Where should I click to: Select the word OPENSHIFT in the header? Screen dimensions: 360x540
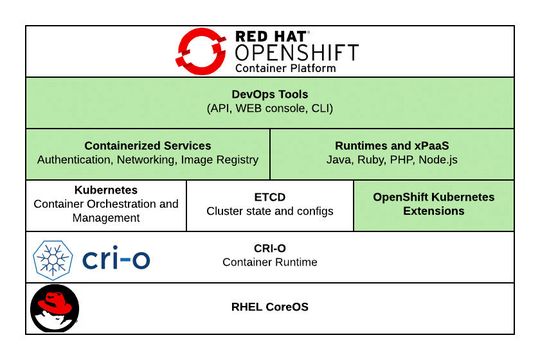[x=295, y=52]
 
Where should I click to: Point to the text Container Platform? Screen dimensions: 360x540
[x=284, y=71]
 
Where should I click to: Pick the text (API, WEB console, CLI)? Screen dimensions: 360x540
[x=270, y=108]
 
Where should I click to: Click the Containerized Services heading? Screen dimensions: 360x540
[x=147, y=144]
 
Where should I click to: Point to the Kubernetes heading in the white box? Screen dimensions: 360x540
[x=106, y=189]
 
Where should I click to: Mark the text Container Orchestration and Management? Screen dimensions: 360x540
[x=106, y=211]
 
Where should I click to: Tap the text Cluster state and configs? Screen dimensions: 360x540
[x=270, y=212]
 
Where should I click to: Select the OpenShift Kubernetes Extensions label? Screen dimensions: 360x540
[x=433, y=204]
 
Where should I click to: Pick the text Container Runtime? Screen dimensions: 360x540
[x=270, y=263]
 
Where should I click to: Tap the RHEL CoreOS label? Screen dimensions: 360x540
[x=270, y=307]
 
